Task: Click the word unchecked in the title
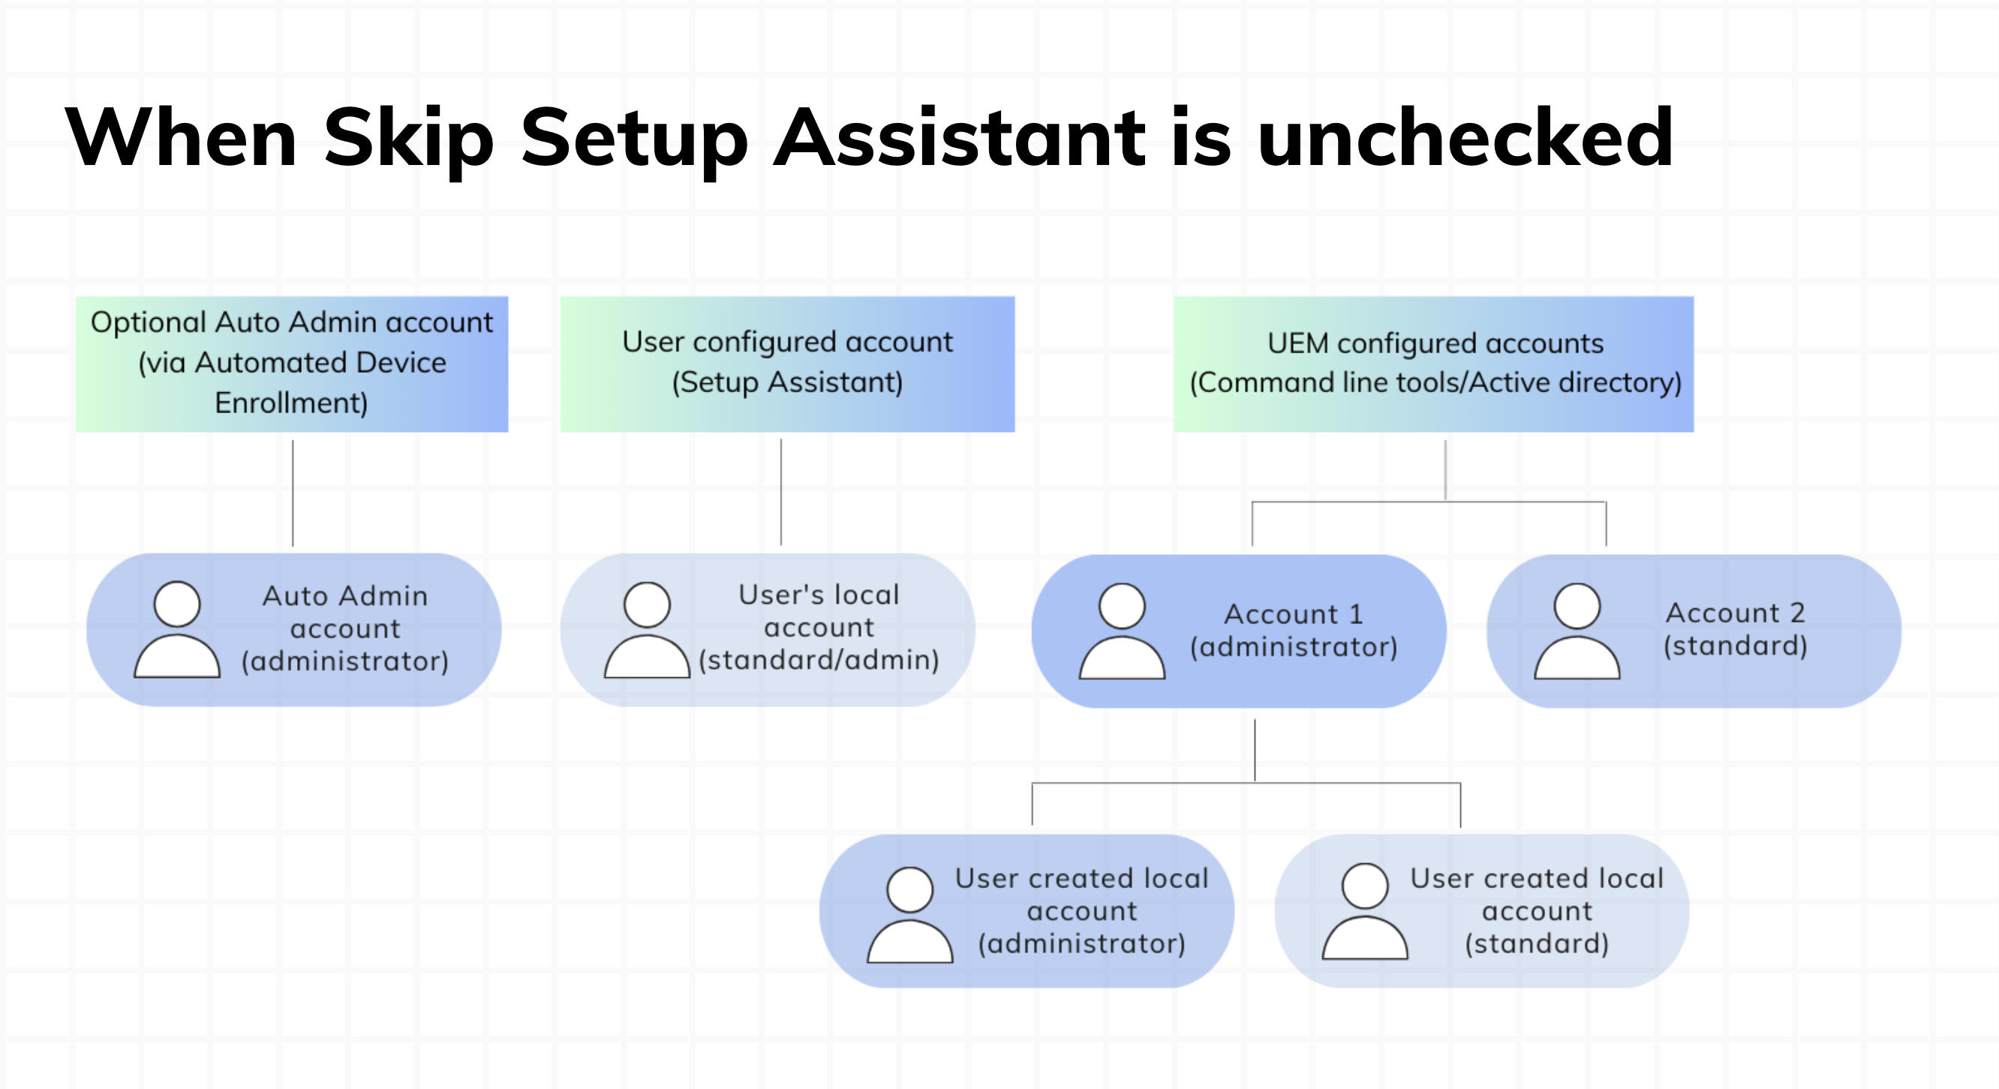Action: tap(1465, 138)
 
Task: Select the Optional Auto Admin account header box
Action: tap(292, 363)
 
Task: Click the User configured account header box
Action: tap(787, 363)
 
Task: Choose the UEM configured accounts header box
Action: tap(1433, 363)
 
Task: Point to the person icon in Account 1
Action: tap(1121, 632)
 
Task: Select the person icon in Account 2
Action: tap(1576, 632)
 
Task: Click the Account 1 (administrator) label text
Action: tap(1294, 631)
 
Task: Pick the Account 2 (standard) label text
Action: tap(1735, 629)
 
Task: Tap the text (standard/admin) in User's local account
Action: tap(819, 660)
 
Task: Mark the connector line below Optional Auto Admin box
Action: tap(293, 493)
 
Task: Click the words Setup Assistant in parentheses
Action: tap(787, 383)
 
